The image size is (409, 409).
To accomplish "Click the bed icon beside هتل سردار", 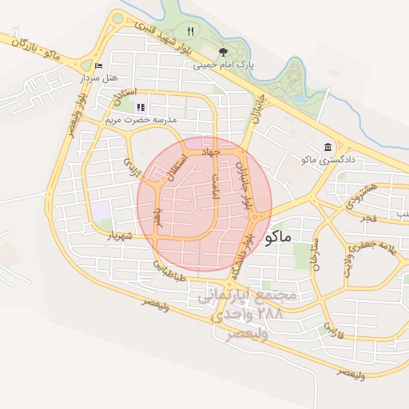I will tap(98, 66).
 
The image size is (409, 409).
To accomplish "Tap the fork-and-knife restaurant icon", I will tap(190, 32).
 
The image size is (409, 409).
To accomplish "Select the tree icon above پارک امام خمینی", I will tap(223, 52).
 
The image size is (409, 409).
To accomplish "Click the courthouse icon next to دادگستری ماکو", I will tap(328, 147).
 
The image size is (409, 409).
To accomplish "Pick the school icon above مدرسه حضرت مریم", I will tap(141, 107).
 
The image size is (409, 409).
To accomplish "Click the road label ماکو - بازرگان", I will tap(36, 46).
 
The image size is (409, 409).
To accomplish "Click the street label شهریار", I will tap(118, 236).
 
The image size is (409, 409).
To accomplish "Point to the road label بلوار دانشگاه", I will tap(242, 256).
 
